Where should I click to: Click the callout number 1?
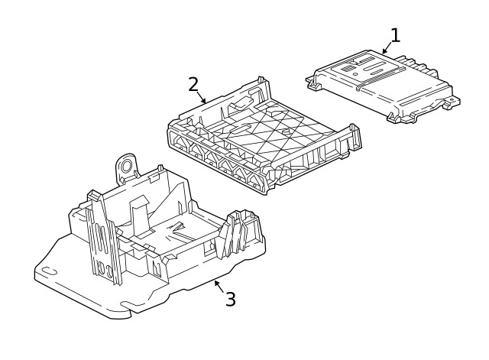pos(395,35)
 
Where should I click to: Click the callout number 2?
pos(193,84)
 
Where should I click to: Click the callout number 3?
pos(230,299)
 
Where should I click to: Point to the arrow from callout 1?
pos(387,48)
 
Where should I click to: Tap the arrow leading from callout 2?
pos(202,97)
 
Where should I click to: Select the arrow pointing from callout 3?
pos(219,285)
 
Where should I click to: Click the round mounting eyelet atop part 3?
pos(126,165)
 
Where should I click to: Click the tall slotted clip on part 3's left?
pos(102,237)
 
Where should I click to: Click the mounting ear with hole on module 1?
pos(453,100)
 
